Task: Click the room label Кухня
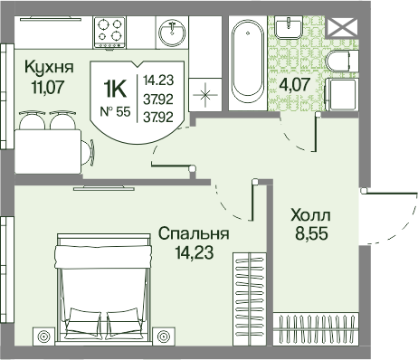point(49,67)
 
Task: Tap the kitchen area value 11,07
point(48,87)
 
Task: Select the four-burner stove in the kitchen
point(109,33)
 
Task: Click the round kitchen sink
point(172,32)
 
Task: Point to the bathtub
point(248,63)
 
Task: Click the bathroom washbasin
point(289,27)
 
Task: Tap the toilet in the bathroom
point(342,62)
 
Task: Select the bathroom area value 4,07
point(294,84)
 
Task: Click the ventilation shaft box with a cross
point(342,26)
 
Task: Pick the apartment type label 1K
point(114,89)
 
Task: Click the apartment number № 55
point(115,112)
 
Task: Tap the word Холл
point(310,215)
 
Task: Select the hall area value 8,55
point(311,233)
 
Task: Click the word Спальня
point(194,233)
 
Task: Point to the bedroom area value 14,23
point(195,252)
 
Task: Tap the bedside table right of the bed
point(164,336)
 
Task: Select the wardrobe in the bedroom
point(250,298)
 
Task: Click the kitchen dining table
point(48,151)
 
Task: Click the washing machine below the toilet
point(342,94)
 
